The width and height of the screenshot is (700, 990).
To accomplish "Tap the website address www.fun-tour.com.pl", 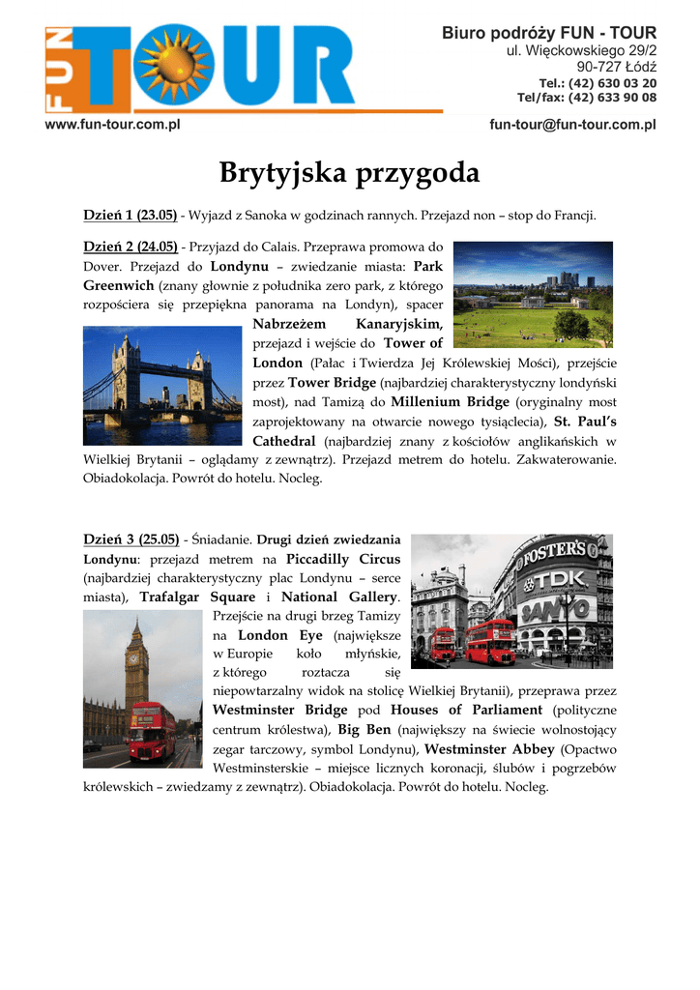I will [x=113, y=125].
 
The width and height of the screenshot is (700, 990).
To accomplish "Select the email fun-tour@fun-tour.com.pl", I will [x=572, y=125].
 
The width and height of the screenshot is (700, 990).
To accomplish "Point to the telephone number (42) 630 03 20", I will [x=611, y=83].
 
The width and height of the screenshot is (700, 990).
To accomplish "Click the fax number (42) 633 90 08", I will [x=611, y=98].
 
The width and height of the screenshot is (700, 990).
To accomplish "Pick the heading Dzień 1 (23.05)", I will [x=130, y=214].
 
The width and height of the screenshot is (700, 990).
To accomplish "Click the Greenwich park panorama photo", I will [x=533, y=294].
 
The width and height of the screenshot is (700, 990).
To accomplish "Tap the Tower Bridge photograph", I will [x=161, y=385].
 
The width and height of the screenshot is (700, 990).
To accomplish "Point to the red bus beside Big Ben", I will [x=152, y=731].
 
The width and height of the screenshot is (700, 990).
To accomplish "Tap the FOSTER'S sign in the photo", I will [x=554, y=552].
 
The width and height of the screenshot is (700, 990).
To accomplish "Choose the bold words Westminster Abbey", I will [x=489, y=749].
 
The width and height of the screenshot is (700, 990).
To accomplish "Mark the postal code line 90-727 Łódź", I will [x=616, y=67].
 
